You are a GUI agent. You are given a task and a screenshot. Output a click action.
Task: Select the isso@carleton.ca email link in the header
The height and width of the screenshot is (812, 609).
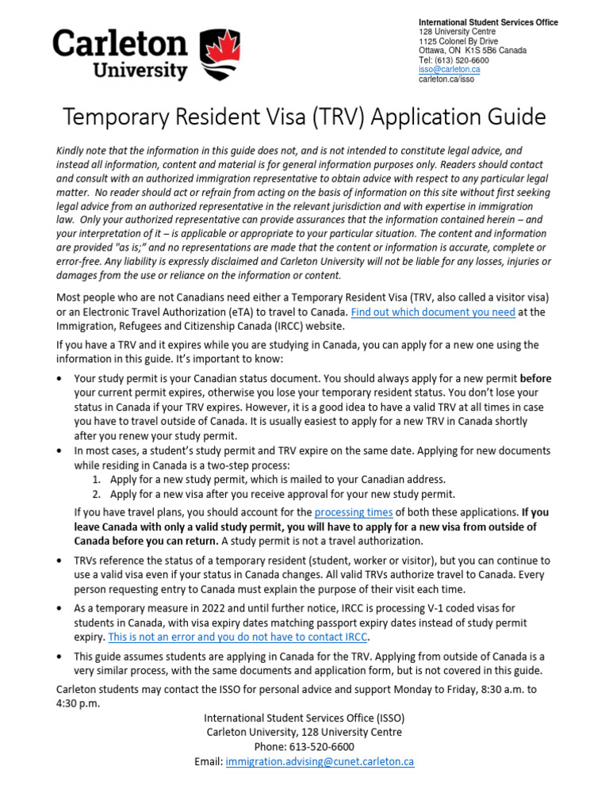coord(449,70)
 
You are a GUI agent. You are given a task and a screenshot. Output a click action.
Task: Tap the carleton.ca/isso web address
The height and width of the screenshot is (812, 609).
coord(446,79)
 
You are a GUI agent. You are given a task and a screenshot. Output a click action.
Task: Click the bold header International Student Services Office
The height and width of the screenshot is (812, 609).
coord(488,22)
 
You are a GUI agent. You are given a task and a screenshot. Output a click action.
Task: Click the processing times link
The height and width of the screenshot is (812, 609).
coord(354,512)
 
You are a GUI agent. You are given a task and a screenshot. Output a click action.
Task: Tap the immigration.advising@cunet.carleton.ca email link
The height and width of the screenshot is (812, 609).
coord(320,761)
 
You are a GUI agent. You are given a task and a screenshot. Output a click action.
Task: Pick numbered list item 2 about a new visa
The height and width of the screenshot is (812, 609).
coord(282,494)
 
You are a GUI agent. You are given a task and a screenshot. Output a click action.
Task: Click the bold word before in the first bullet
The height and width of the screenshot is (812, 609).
coord(535,378)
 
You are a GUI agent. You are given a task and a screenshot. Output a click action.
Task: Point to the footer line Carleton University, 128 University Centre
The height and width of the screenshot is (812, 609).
coord(304,731)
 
